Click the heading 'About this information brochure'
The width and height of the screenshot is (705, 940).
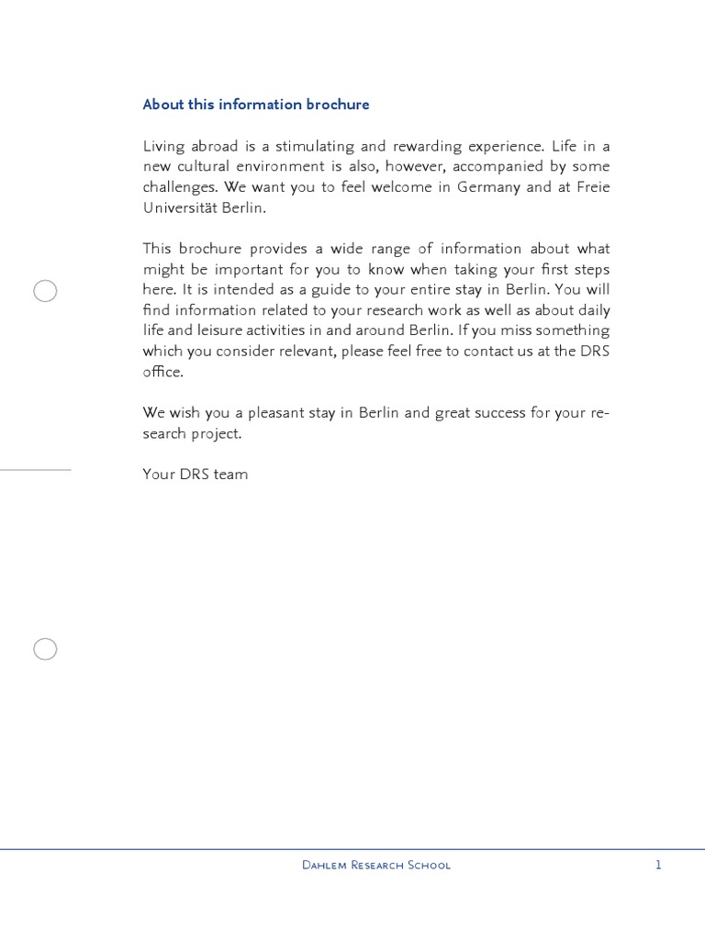[256, 105]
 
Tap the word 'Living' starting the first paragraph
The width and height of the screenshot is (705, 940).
[163, 147]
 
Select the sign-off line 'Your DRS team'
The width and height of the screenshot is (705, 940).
[196, 475]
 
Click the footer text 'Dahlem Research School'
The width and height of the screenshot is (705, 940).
[376, 865]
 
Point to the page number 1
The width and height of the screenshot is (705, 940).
[658, 865]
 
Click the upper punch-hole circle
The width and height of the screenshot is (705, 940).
[45, 291]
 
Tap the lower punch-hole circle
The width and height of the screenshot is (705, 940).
[45, 649]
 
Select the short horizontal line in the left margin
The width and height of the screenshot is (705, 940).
[35, 470]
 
